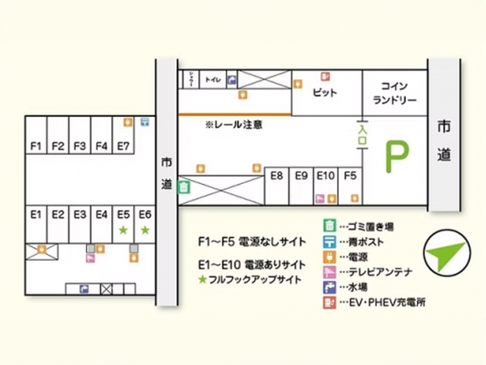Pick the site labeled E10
[x=326, y=176]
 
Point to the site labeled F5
[x=350, y=176]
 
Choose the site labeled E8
[x=276, y=176]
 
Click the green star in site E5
[x=124, y=230]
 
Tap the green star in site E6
[x=145, y=230]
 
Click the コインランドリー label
[x=395, y=93]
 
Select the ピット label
[x=325, y=93]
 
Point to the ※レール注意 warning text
[x=234, y=125]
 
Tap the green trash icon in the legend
[x=329, y=225]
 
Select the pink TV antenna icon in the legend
[x=329, y=272]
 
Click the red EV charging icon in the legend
[x=329, y=302]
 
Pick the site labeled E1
[x=36, y=214]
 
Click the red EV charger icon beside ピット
[x=326, y=77]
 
